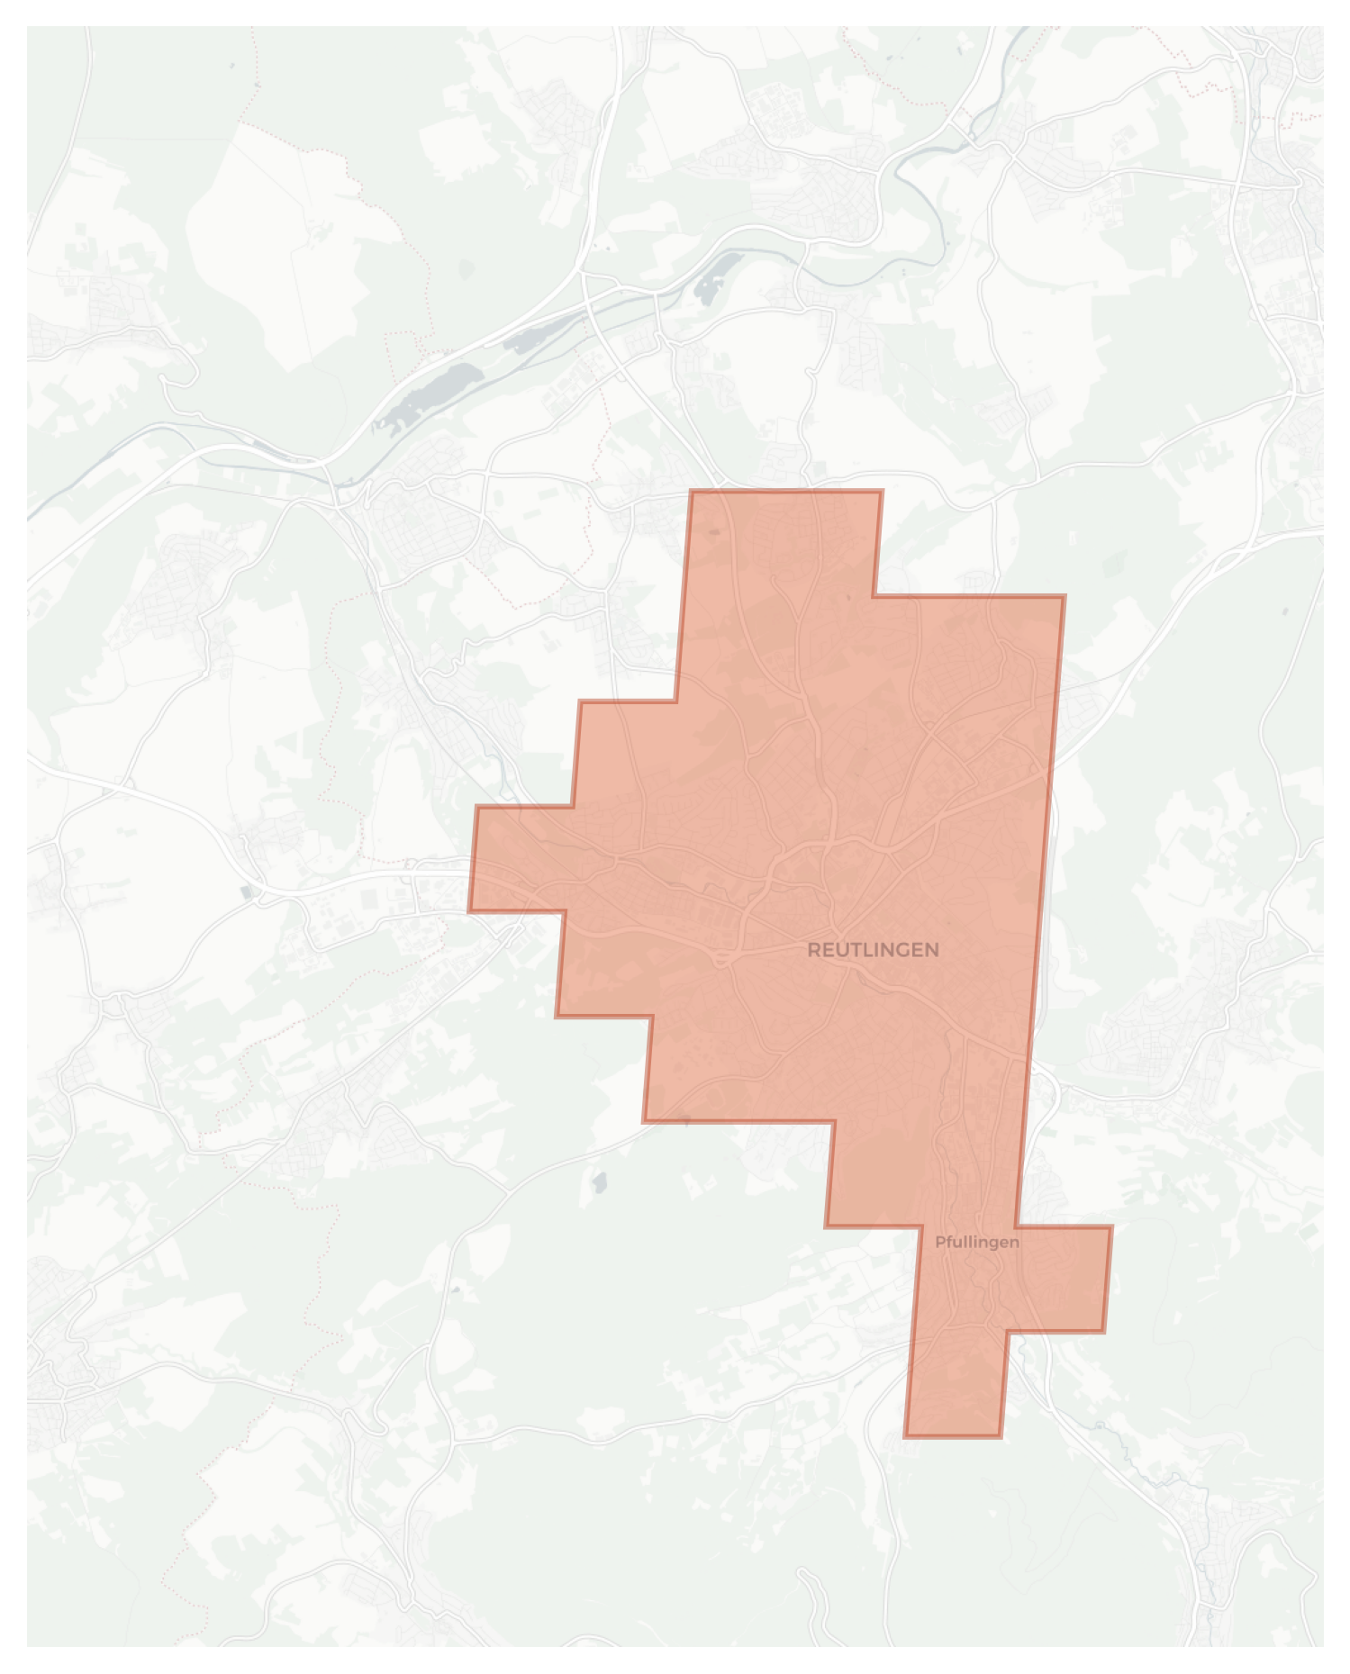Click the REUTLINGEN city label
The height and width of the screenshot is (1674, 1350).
[x=873, y=950]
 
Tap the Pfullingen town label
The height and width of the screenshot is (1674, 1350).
[x=976, y=1242]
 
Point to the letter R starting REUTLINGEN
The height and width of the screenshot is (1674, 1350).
[x=813, y=950]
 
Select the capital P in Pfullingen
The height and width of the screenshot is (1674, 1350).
[x=940, y=1242]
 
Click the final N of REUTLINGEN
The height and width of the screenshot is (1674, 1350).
[x=932, y=950]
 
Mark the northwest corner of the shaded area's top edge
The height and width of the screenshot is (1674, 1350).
[x=692, y=492]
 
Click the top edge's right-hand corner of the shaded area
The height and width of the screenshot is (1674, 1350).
[x=882, y=492]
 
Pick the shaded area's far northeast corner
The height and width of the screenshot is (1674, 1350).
[x=1065, y=596]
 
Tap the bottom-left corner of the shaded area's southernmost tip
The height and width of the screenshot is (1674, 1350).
[x=906, y=1436]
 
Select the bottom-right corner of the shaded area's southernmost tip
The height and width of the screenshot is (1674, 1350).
[x=1000, y=1436]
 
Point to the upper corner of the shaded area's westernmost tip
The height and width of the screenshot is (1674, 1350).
[x=477, y=808]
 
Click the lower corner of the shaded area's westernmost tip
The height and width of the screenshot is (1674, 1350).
[x=469, y=911]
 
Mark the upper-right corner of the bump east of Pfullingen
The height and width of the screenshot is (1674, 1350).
[x=1111, y=1226]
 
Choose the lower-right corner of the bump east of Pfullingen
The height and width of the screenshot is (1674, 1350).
[x=1104, y=1331]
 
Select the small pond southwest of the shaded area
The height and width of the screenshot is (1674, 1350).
[x=598, y=1181]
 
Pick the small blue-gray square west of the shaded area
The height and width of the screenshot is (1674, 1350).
[x=247, y=891]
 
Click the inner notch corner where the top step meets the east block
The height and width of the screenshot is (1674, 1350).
[x=874, y=596]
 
